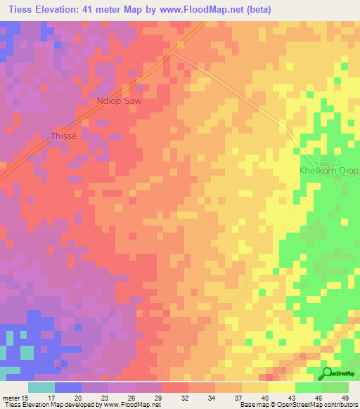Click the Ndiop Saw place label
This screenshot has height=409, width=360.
pyautogui.click(x=118, y=101)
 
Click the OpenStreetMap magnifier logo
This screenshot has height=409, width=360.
pyautogui.click(x=327, y=373)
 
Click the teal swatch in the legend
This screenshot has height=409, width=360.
pyautogui.click(x=41, y=387)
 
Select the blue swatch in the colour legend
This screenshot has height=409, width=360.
pyautogui.click(x=68, y=387)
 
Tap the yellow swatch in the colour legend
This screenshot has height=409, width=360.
pyautogui.click(x=281, y=387)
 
